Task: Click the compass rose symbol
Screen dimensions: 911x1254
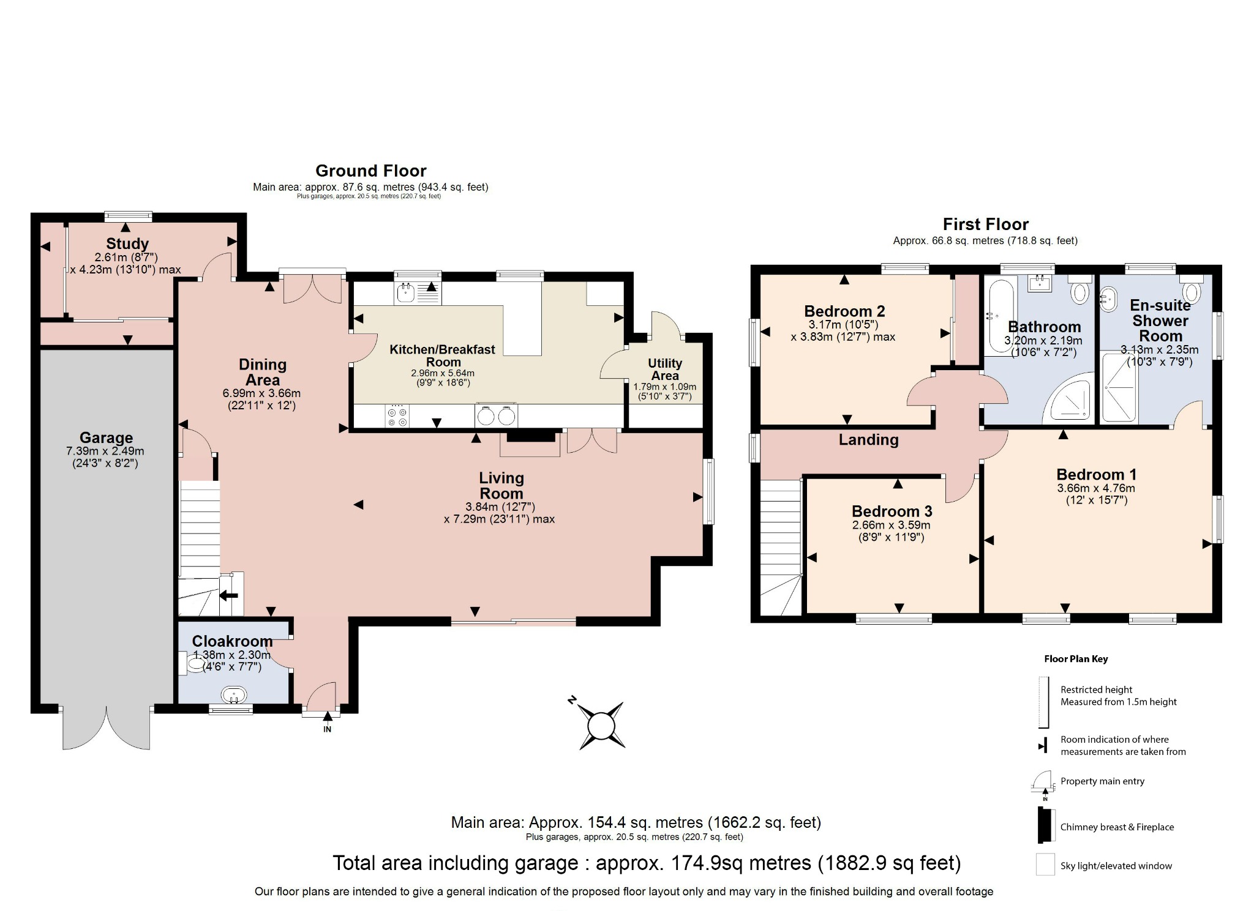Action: click(x=601, y=726)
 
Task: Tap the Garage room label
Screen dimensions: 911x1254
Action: click(x=106, y=437)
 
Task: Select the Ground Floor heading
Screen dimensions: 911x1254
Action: click(x=370, y=171)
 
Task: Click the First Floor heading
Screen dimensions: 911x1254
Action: click(x=985, y=224)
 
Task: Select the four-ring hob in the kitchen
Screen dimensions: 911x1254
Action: click(x=397, y=417)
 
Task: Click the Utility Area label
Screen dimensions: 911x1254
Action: click(x=664, y=369)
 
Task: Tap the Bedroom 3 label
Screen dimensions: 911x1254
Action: click(x=892, y=511)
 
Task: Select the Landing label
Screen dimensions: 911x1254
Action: click(x=868, y=439)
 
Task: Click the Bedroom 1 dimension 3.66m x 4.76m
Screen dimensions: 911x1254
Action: click(x=1095, y=488)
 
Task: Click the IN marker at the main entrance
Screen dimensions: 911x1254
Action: click(x=328, y=729)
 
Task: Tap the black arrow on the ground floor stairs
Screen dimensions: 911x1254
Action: click(x=228, y=595)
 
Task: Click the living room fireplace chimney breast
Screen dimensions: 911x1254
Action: click(x=530, y=436)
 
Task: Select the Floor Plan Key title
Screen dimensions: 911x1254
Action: click(x=1076, y=659)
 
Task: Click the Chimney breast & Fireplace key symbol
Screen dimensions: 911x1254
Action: click(x=1045, y=826)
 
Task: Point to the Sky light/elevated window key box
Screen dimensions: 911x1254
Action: click(x=1045, y=865)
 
